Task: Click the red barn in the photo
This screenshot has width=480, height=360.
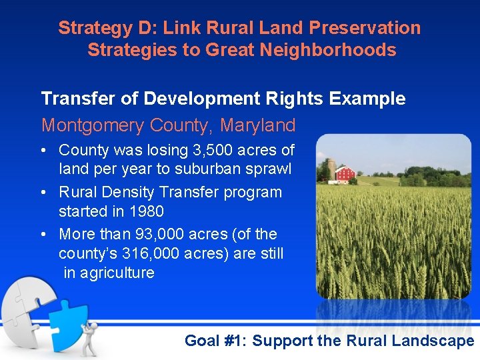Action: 345,174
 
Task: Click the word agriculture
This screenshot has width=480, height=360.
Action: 117,273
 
